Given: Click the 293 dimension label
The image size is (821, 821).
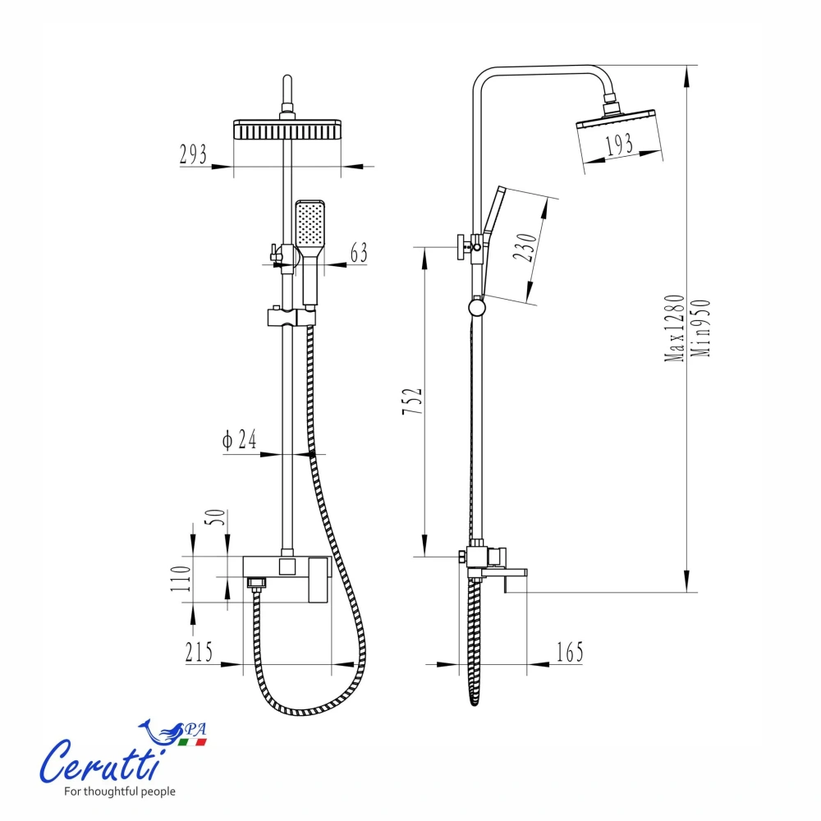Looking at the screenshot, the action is (x=193, y=154).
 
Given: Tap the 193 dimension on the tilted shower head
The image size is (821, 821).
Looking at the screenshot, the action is (x=619, y=144).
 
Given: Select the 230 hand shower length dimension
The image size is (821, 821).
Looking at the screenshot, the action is (x=525, y=248).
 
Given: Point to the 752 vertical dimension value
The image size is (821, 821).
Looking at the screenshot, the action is (x=412, y=401).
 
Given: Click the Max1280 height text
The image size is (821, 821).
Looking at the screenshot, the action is (x=674, y=328).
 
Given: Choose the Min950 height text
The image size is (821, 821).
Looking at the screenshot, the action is (x=700, y=328).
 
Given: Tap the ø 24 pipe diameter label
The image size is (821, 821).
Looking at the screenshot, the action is (x=239, y=439).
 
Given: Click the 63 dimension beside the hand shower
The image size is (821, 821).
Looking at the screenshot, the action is (x=359, y=252).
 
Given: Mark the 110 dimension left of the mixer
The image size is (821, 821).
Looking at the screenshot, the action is (x=180, y=579).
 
